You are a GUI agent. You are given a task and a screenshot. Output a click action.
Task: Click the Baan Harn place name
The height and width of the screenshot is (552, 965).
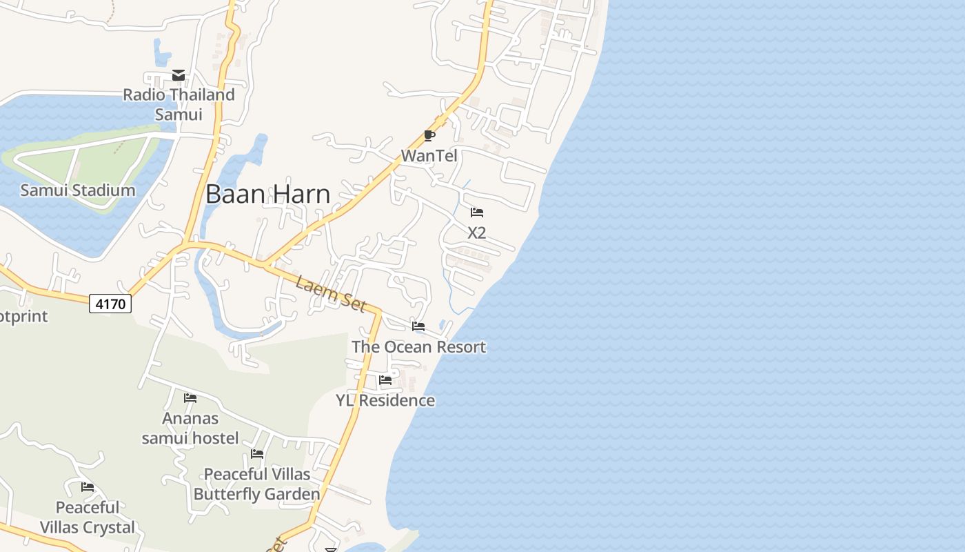coord(267,194)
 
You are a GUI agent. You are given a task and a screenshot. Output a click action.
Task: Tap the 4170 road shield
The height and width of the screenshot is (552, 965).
coord(110,303)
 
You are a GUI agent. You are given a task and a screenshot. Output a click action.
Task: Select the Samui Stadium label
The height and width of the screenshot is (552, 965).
coord(77,190)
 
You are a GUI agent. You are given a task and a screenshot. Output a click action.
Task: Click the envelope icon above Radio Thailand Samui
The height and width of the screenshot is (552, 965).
coord(179,75)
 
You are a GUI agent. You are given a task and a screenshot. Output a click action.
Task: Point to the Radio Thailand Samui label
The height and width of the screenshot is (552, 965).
coord(179,104)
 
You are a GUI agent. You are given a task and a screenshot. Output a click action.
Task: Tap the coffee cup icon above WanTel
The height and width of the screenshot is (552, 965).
coord(429,135)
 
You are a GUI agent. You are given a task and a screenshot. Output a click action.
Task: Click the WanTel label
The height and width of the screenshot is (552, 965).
coord(429,156)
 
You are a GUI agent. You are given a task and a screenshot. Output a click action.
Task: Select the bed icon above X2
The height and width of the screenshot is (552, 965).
coord(476,213)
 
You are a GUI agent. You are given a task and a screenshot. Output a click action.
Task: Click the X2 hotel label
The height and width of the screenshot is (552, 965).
coord(476,233)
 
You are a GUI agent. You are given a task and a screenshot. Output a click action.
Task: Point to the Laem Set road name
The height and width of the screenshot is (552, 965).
coord(330,293)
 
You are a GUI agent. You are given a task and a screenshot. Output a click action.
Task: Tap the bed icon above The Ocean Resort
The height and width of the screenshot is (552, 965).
coord(418,326)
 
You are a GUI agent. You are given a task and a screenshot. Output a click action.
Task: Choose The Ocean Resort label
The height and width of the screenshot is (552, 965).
coord(418,346)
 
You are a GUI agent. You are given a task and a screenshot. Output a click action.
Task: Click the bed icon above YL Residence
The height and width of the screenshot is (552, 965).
coord(385,380)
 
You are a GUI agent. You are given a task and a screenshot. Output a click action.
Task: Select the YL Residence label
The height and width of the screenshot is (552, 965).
coord(385,400)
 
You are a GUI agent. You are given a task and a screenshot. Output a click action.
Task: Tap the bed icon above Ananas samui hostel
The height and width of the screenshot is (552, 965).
coord(190,398)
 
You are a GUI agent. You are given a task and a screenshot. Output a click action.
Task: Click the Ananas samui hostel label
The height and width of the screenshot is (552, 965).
coord(190,428)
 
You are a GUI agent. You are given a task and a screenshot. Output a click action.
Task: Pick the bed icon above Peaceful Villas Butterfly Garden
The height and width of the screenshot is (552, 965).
coord(257,454)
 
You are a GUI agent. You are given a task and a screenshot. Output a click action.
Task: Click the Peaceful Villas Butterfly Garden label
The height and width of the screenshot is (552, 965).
coord(257,484)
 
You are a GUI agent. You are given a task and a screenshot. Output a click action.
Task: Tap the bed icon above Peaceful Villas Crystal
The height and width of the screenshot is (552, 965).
coord(88,487)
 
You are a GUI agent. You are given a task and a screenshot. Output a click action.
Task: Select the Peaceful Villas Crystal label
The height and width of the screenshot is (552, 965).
coord(88,517)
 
